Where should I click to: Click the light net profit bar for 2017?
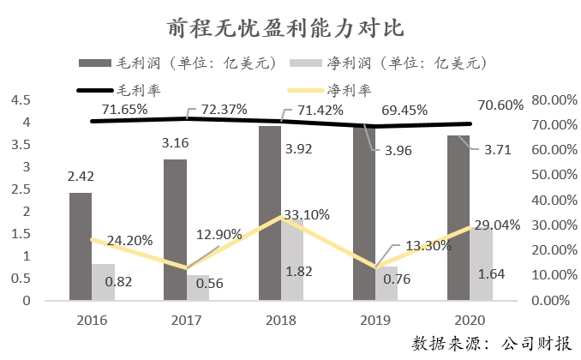199,288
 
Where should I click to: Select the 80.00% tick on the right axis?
554,100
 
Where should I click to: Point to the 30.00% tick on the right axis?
554,225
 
